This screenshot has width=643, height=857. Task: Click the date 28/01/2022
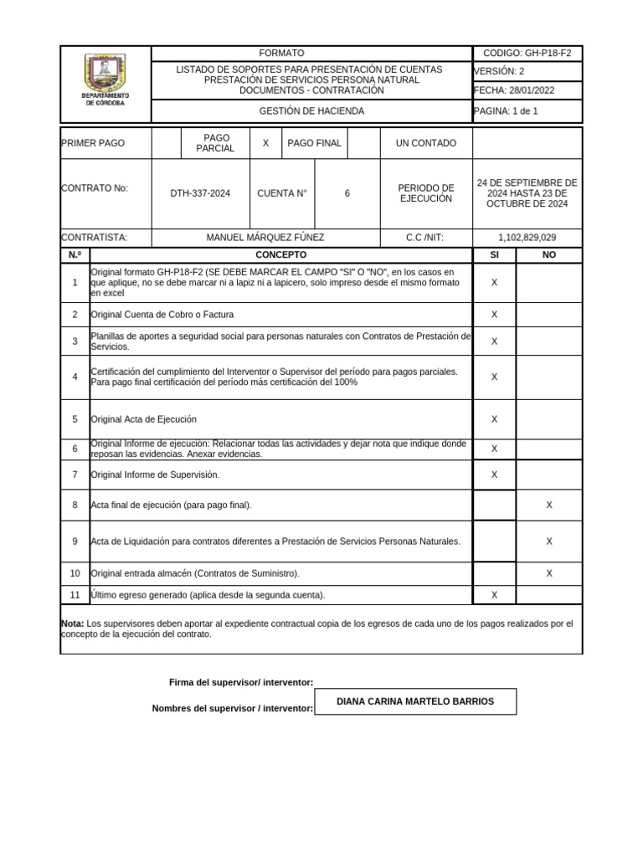point(529,90)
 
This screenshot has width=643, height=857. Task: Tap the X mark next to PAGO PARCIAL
point(265,143)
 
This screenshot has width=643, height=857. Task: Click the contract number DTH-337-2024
point(200,193)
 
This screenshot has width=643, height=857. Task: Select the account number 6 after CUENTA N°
point(347,193)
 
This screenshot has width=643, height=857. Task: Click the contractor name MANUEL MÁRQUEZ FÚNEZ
point(265,238)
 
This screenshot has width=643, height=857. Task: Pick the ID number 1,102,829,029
point(527,238)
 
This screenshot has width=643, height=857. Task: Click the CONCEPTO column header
point(280,254)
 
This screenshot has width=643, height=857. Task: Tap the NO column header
point(549,254)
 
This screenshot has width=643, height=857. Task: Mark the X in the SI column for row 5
point(494,419)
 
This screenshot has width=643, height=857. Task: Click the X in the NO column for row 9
point(549,541)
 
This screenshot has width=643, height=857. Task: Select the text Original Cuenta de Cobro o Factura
point(162,315)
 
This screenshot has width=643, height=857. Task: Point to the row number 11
point(75,595)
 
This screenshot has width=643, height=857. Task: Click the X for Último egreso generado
point(494,595)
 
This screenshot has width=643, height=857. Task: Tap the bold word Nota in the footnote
point(72,624)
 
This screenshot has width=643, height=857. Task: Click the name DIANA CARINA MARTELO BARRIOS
point(415,701)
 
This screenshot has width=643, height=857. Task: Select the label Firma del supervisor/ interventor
point(241,683)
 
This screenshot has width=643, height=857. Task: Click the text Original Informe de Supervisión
point(155,475)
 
